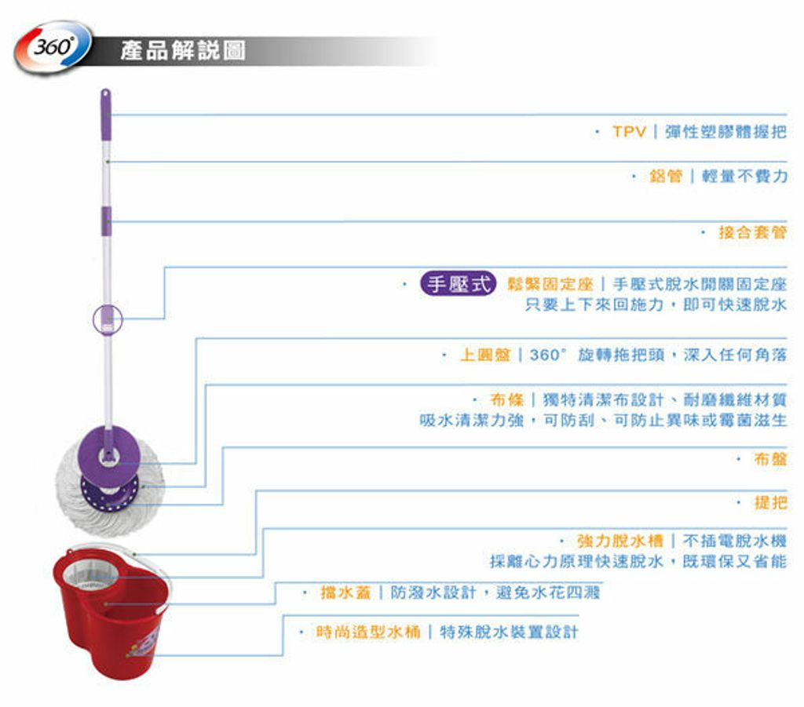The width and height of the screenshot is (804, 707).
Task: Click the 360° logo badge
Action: click(x=53, y=47)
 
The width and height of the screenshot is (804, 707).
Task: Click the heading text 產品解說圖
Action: click(x=183, y=51)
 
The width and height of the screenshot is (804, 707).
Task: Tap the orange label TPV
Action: click(x=629, y=132)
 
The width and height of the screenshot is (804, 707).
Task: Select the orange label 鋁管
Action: click(x=666, y=177)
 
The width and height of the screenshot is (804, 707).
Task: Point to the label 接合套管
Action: click(x=752, y=232)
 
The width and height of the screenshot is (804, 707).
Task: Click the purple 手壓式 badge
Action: click(x=458, y=283)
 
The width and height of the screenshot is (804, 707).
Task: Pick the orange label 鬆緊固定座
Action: click(x=550, y=284)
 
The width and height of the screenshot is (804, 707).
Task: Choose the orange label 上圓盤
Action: click(x=485, y=355)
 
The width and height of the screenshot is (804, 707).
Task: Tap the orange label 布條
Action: click(x=506, y=399)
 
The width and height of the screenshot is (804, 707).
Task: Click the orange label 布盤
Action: click(x=770, y=459)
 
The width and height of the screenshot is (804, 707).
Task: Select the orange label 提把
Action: click(x=770, y=502)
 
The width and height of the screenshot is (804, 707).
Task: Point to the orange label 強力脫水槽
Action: click(x=620, y=541)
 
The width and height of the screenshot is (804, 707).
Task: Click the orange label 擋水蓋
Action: click(x=345, y=592)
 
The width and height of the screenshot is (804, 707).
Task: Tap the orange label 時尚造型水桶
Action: click(x=368, y=632)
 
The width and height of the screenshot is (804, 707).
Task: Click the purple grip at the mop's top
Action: click(x=106, y=115)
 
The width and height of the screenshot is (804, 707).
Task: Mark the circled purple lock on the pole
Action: click(x=108, y=319)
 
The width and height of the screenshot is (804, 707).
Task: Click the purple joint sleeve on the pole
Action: click(x=106, y=220)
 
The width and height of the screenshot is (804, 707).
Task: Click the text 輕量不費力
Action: click(x=744, y=177)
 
